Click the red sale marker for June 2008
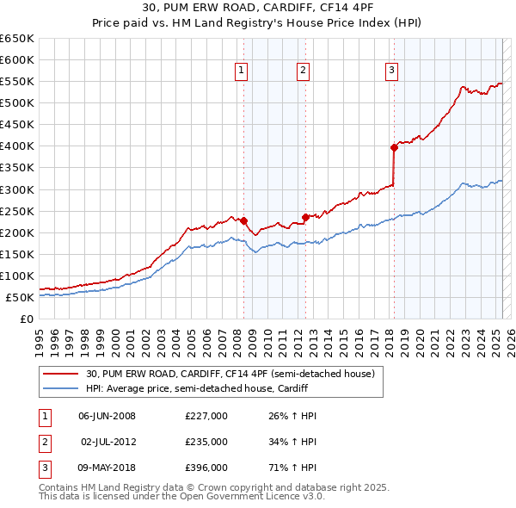(243, 220)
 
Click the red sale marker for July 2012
(305, 217)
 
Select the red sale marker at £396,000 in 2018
(394, 147)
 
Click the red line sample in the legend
(60, 375)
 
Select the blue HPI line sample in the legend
(60, 388)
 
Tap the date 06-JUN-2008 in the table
(107, 416)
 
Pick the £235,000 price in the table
(206, 442)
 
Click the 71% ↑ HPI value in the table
(287, 468)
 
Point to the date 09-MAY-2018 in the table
(107, 468)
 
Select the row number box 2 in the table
(44, 442)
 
